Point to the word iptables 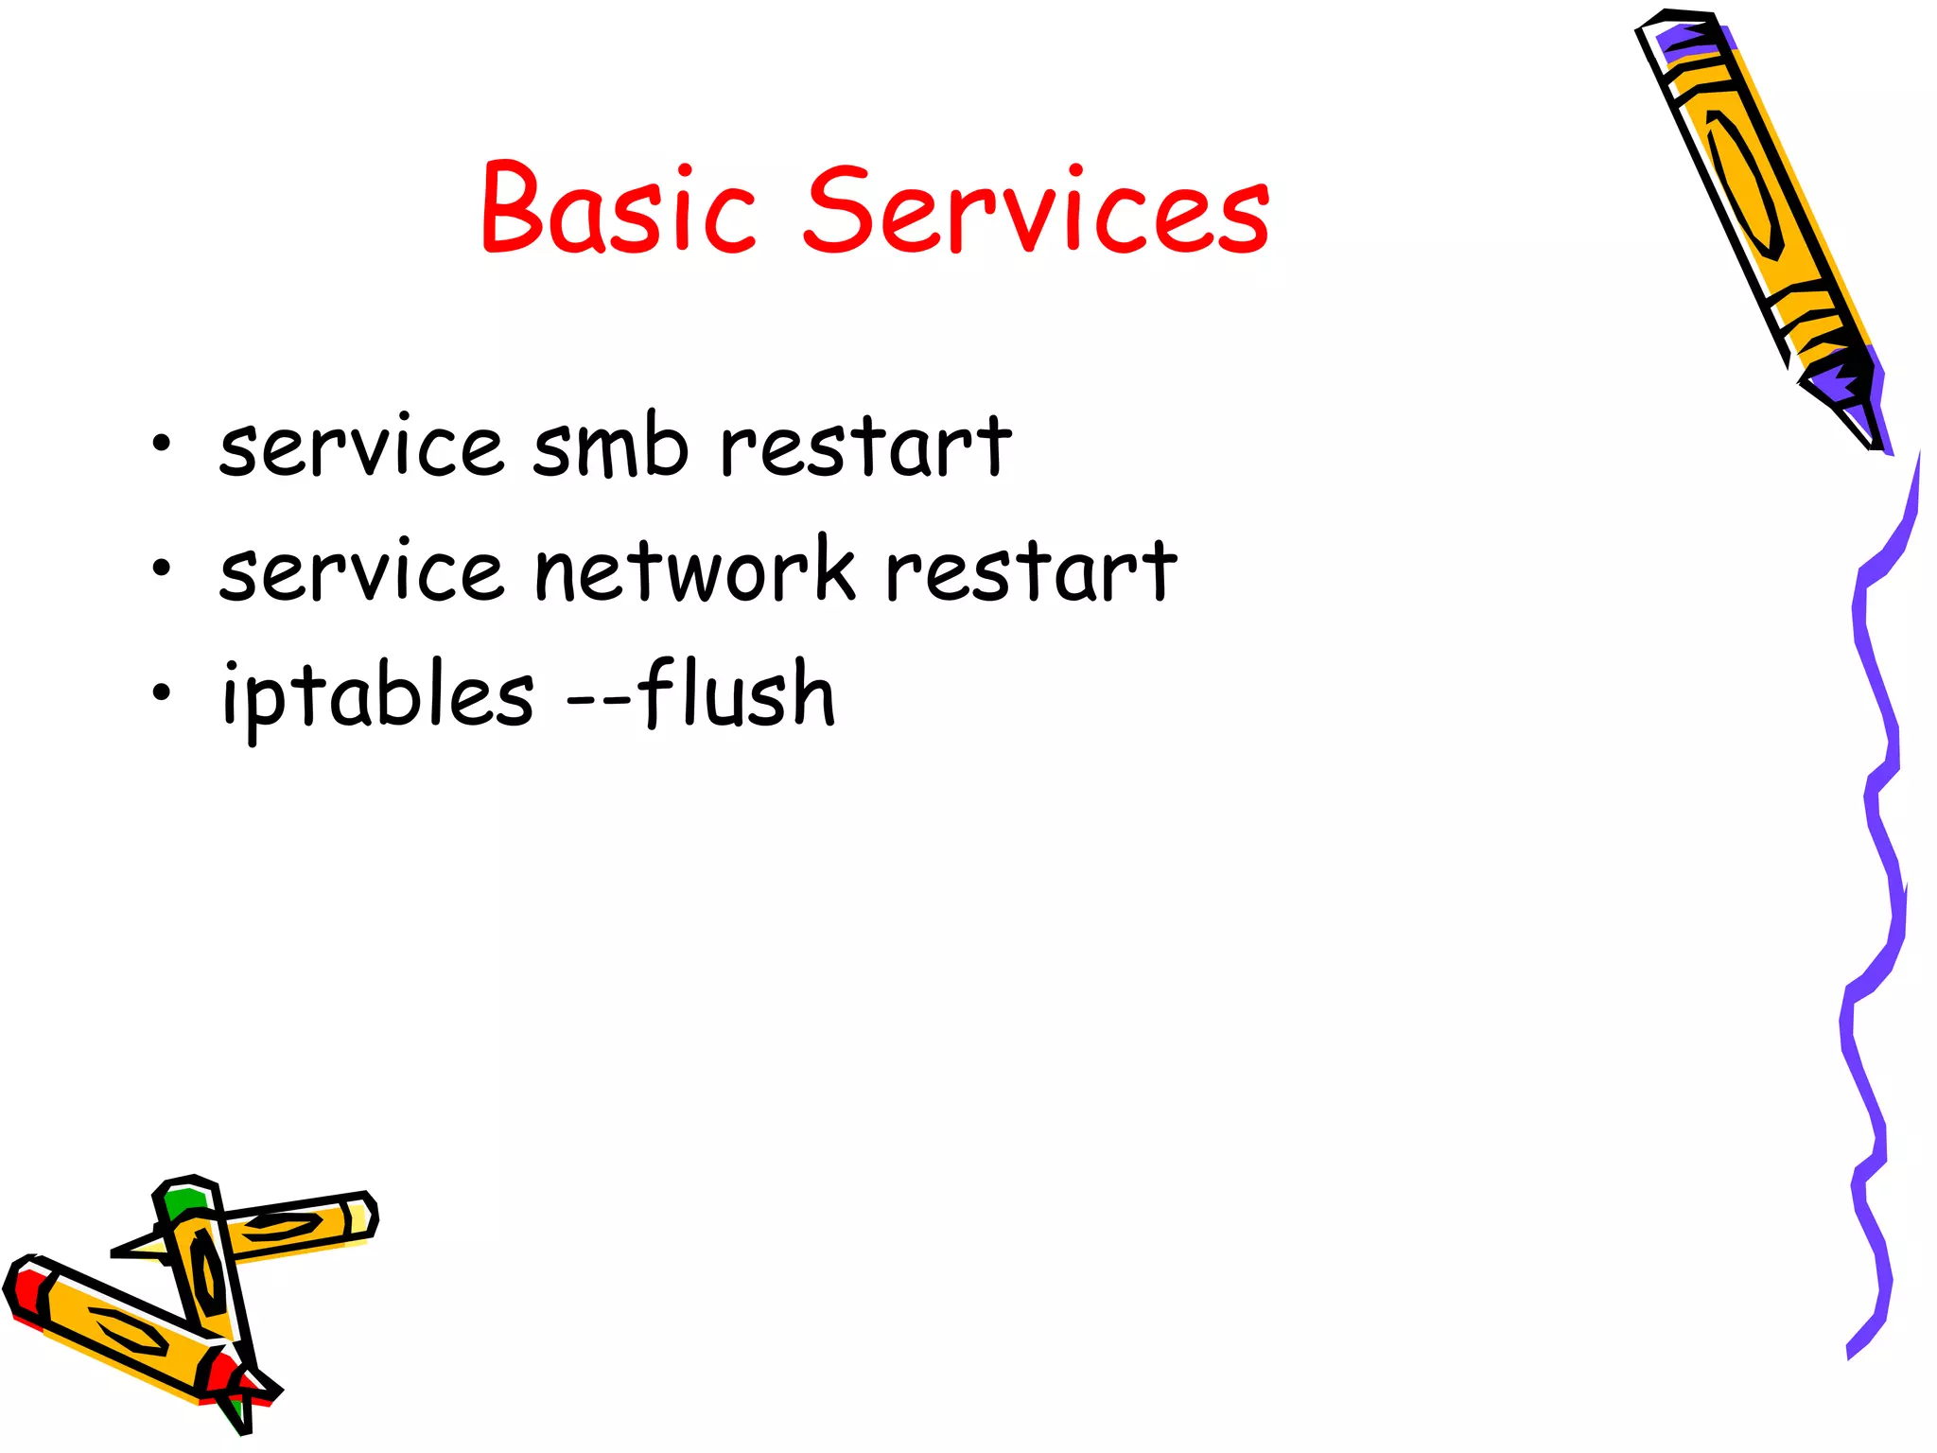pyautogui.click(x=377, y=695)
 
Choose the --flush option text pyautogui.click(x=701, y=695)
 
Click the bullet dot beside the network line pyautogui.click(x=162, y=568)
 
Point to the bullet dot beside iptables pyautogui.click(x=162, y=692)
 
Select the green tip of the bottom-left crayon pyautogui.click(x=184, y=1200)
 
